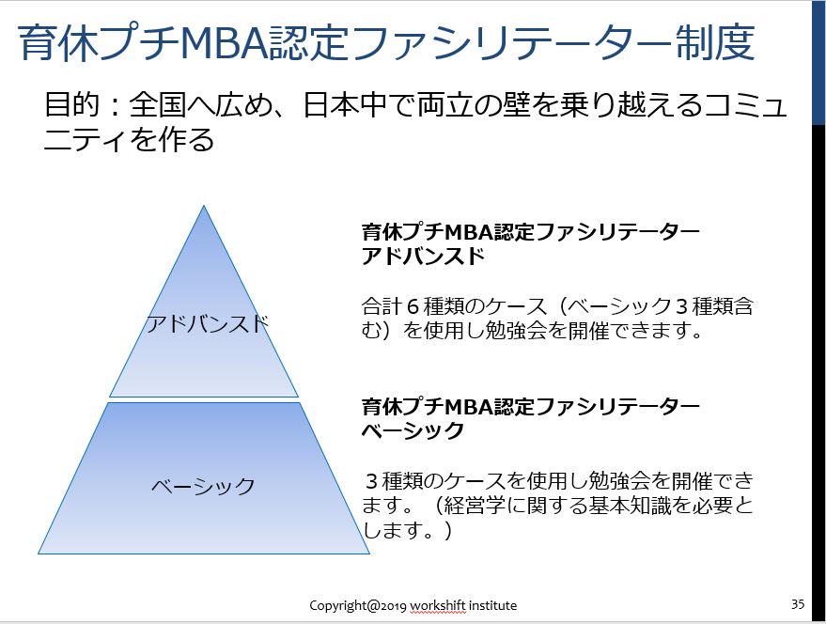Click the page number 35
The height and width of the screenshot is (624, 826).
[x=798, y=603]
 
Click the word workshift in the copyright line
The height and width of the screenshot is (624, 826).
[x=438, y=605]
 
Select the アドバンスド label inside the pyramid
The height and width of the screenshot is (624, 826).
[x=208, y=323]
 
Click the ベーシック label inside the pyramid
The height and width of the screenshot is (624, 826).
[x=203, y=485]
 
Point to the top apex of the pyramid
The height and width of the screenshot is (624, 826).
[x=204, y=206]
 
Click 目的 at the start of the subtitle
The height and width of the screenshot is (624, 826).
[x=72, y=103]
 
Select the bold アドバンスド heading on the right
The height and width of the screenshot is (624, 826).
[x=423, y=257]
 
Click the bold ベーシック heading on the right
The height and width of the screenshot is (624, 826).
[x=413, y=430]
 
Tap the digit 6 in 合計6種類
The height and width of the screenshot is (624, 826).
[x=413, y=306]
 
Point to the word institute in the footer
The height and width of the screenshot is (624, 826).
[x=492, y=605]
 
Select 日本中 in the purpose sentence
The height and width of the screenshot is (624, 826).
[x=345, y=103]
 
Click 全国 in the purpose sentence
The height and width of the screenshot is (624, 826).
[x=156, y=103]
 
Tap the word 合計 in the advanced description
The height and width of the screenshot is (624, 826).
[x=382, y=306]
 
